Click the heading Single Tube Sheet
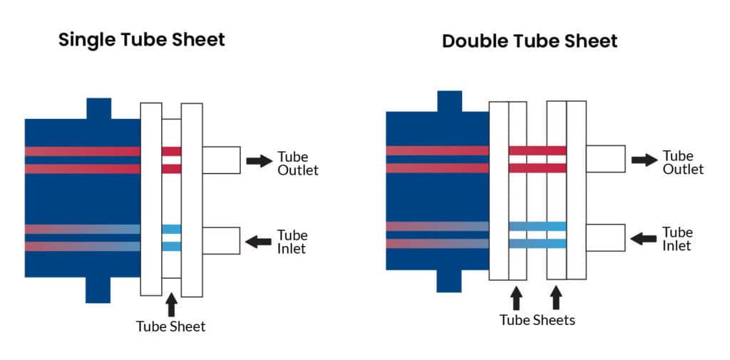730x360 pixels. [x=141, y=39]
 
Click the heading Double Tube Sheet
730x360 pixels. [x=529, y=41]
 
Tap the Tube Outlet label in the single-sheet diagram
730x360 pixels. [x=297, y=163]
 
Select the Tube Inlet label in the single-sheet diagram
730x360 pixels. [x=292, y=242]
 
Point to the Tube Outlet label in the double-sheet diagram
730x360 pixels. [x=682, y=162]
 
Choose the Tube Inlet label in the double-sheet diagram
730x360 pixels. [x=677, y=239]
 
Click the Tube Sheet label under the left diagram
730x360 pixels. [x=170, y=326]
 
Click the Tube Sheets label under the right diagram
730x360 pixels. [x=537, y=320]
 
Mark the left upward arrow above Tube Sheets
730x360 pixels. [x=517, y=297]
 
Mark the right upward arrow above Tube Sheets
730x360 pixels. [x=556, y=297]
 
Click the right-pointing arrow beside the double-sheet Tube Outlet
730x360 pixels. [x=644, y=160]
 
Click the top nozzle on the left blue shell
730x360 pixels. [x=99, y=108]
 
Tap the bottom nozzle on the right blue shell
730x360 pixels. [x=448, y=280]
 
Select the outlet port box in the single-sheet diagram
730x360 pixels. [x=221, y=160]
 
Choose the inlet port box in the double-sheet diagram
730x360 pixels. [x=605, y=237]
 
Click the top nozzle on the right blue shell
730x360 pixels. [x=449, y=101]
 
